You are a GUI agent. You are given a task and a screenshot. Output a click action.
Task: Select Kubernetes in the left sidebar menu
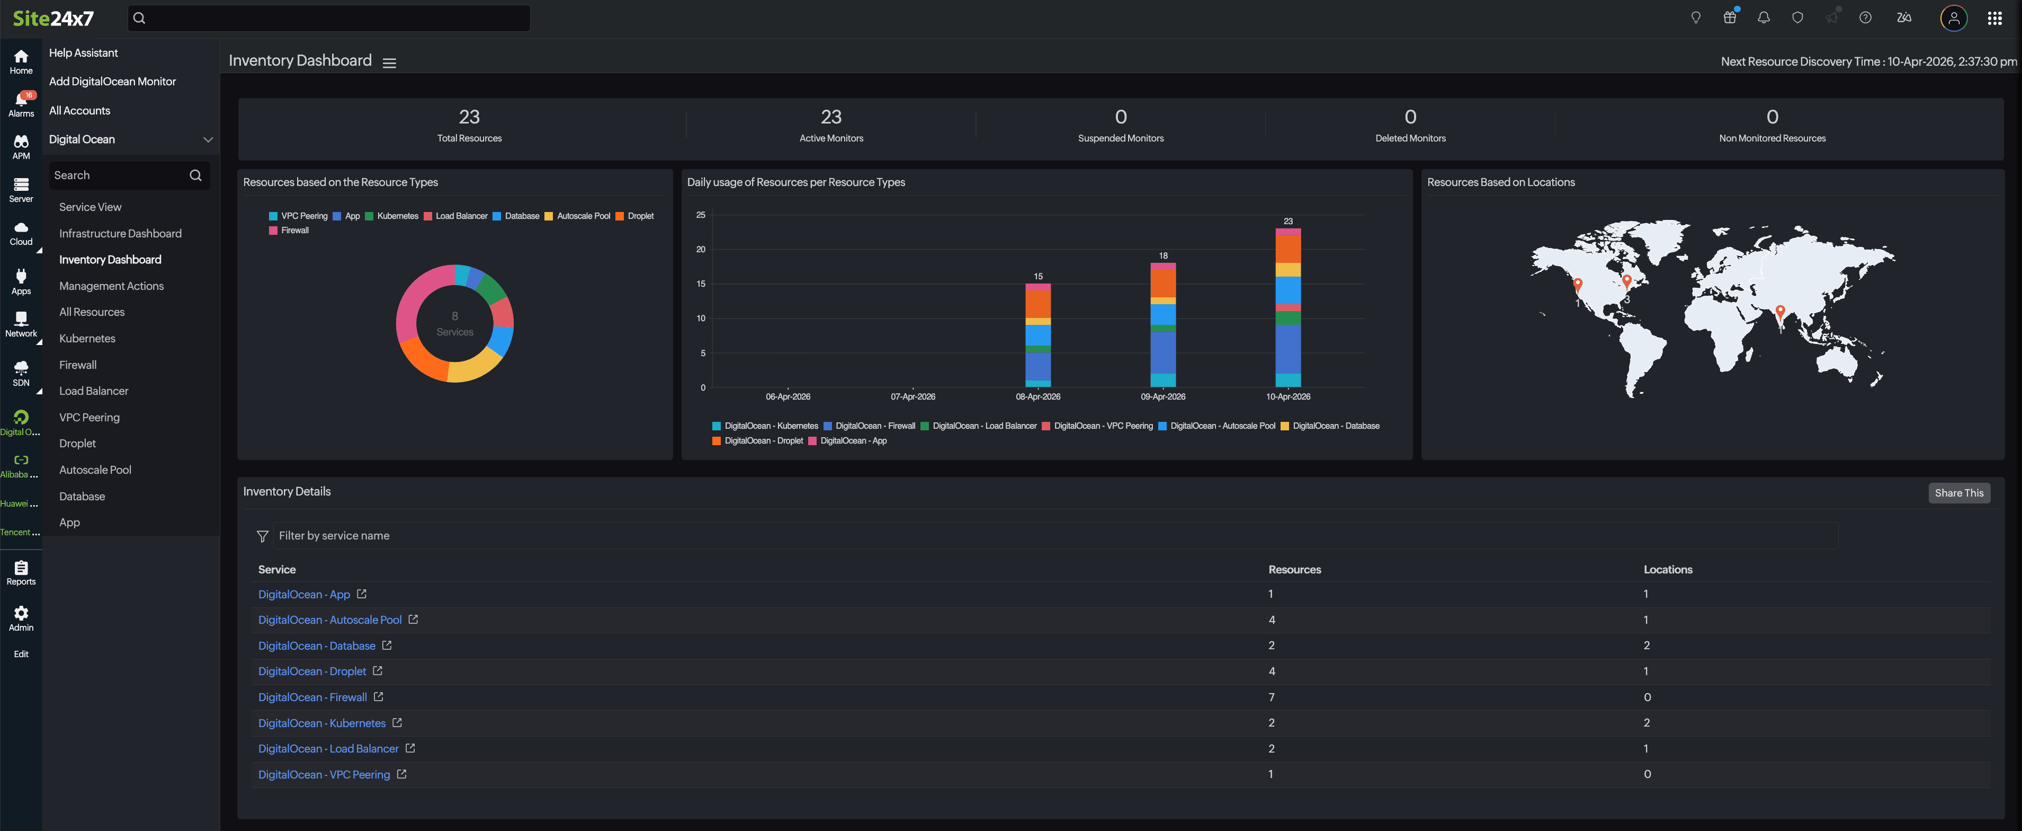coord(87,339)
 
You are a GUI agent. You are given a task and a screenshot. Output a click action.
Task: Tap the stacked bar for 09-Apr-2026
coord(1162,326)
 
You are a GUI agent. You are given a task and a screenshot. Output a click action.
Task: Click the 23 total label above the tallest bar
coord(1287,222)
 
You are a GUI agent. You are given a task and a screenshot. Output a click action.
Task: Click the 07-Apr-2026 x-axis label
coord(912,396)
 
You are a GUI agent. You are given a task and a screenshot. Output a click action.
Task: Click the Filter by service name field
coord(1052,536)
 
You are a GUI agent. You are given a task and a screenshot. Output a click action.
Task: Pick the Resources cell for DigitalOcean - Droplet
coord(1272,671)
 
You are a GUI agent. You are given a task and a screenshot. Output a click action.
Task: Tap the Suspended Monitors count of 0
coord(1120,117)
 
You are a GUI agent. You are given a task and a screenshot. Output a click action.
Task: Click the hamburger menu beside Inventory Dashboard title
coord(389,63)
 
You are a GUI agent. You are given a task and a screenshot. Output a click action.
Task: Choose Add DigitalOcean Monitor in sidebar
coord(112,82)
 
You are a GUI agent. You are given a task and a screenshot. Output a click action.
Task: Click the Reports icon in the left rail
coord(21,572)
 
